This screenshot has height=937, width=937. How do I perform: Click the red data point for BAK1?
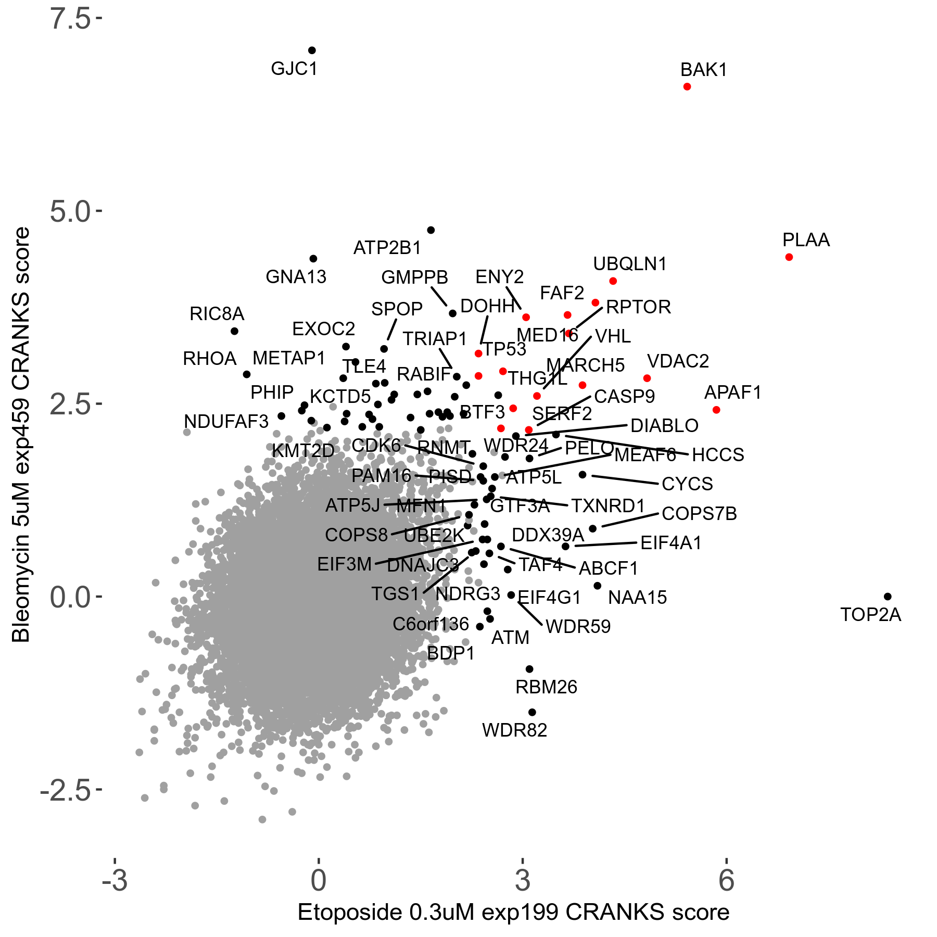(687, 86)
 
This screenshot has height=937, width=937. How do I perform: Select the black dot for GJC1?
(312, 50)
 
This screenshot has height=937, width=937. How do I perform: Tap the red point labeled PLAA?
(789, 257)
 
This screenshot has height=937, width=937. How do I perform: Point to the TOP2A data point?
(888, 597)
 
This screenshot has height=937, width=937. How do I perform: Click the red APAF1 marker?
(716, 410)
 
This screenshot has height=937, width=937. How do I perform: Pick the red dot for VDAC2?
(647, 378)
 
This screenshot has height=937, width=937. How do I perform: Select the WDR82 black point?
(532, 712)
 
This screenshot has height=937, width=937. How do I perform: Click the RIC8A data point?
(235, 331)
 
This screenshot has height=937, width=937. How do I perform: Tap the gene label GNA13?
(296, 277)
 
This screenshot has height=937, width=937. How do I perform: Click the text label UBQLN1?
(630, 264)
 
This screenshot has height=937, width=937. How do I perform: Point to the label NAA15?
(637, 598)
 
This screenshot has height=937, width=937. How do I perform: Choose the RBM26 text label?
(546, 687)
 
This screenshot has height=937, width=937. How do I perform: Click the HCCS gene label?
(718, 455)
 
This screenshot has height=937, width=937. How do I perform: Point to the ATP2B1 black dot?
(431, 230)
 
